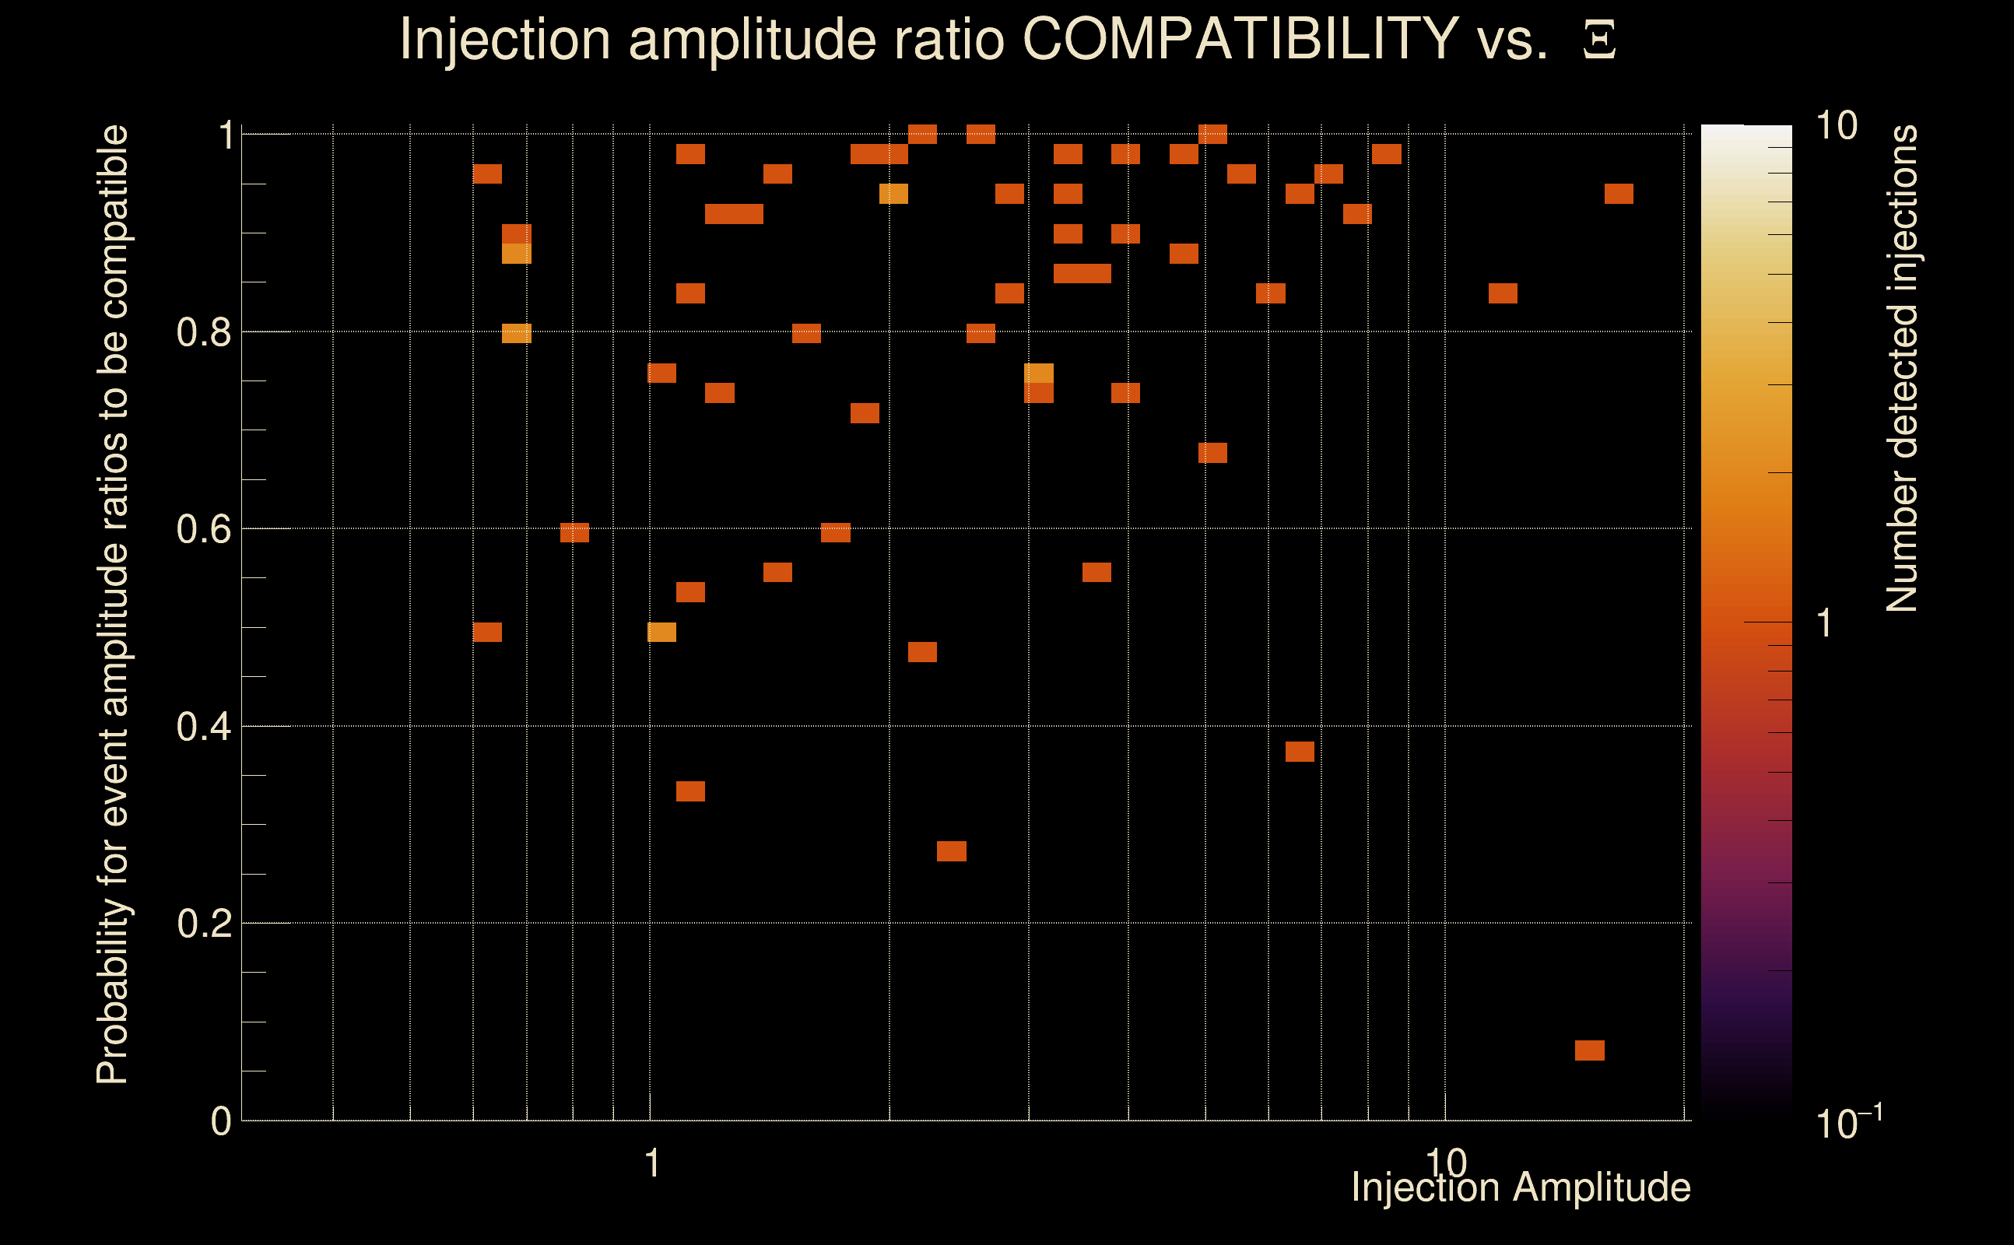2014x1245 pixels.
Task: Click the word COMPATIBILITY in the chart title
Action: coord(1240,39)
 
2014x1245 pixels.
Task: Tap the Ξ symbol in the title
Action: coord(1599,40)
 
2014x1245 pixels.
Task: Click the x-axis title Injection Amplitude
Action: coord(1521,1187)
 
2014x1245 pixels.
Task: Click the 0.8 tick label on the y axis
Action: coord(203,333)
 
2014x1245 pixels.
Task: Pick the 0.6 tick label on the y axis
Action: coord(203,529)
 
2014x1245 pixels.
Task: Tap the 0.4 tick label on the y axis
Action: coord(203,727)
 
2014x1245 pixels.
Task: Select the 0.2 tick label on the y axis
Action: coord(203,924)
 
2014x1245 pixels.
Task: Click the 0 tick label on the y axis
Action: coord(221,1121)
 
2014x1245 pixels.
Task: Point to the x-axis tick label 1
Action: coord(652,1163)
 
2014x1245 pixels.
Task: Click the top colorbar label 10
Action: coord(1836,126)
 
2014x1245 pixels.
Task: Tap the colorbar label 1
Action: coord(1825,623)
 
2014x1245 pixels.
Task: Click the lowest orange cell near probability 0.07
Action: coord(1589,1050)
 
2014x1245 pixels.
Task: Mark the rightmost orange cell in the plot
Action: coord(1618,194)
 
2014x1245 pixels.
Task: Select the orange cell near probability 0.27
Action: coord(951,850)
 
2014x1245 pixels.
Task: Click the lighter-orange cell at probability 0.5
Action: coord(661,632)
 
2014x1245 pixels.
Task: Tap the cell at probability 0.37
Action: coord(1300,751)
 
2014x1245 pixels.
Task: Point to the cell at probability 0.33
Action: coord(690,791)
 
